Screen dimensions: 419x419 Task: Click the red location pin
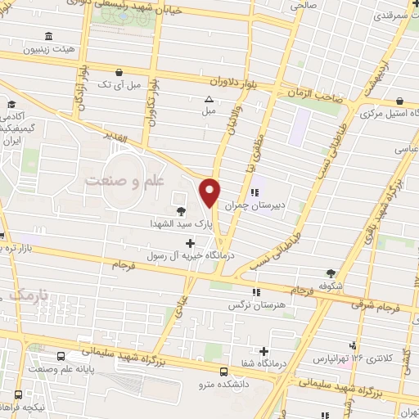(210, 191)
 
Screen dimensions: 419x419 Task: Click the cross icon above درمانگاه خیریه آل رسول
(191, 242)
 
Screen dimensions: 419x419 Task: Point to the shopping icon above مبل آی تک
(119, 72)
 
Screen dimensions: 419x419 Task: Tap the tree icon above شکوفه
(330, 273)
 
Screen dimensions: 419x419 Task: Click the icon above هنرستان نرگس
(256, 291)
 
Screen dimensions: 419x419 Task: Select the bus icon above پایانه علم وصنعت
(62, 356)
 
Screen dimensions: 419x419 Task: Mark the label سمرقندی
(393, 15)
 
